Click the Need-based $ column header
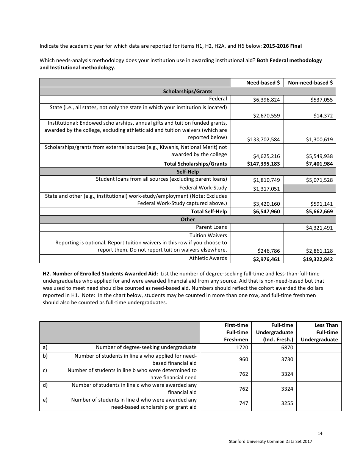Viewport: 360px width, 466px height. [x=263, y=83]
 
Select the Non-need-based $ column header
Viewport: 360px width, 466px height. [x=310, y=83]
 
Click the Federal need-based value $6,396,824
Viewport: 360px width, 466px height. [x=266, y=100]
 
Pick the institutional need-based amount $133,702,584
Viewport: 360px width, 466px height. [x=263, y=139]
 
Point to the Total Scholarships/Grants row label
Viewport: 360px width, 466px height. [x=195, y=164]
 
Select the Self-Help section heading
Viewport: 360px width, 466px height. [x=188, y=172]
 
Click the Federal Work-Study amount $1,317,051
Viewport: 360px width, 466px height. [x=266, y=189]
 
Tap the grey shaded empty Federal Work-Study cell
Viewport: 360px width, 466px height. [x=310, y=188]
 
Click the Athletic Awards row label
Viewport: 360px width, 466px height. [x=208, y=258]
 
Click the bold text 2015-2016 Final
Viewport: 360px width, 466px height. [x=282, y=46]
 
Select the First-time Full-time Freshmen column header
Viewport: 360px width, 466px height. [x=236, y=332]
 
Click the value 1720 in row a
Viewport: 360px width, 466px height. [x=243, y=347]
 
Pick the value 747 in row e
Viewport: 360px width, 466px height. [x=243, y=403]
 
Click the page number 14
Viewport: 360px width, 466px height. [x=320, y=433]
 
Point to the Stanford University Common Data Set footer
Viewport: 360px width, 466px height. [x=270, y=442]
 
